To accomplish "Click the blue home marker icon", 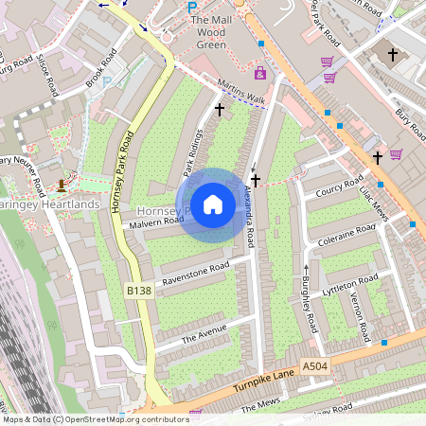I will click(213, 204).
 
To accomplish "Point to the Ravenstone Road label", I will click(196, 275).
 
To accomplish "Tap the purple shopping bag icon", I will click(260, 72).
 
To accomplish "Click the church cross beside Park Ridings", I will click(220, 110).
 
